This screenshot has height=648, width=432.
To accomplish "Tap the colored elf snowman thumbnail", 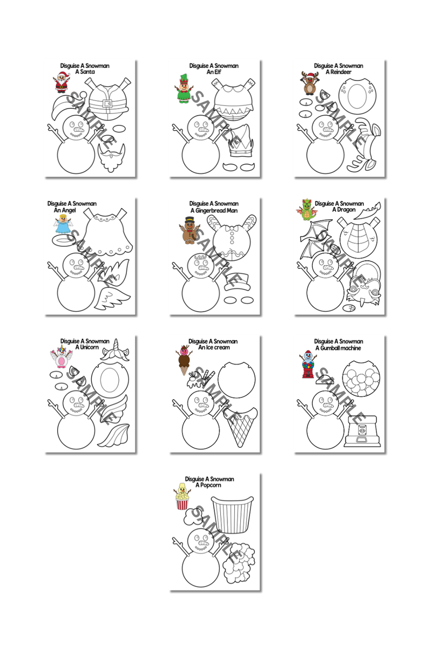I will coord(184,89).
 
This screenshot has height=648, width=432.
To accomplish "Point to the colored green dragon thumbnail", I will coord(305,211).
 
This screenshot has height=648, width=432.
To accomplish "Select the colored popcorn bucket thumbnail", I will coord(183,497).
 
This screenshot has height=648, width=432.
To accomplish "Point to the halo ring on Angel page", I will coord(62,239).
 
